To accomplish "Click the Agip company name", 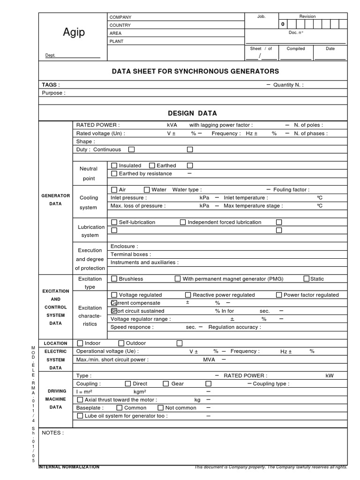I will pos(74,32).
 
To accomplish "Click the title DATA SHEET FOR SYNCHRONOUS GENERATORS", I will pos(195,71).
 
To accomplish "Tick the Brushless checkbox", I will pos(114,278).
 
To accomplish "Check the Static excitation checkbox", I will pos(306,278).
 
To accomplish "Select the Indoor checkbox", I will pos(80,343).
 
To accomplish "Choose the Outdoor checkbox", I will pos(121,343).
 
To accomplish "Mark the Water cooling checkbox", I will pos(147,189).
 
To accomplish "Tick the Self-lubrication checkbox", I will pos(114,222).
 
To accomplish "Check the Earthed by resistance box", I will pos(114,173).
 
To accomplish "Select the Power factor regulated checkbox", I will pos(279,295).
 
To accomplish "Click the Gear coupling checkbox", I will pos(165,383).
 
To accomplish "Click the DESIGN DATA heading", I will pos(192,113).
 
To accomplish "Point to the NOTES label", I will pos(52,433).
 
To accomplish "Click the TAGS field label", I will pos(51,85).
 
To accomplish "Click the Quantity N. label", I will pos(288,85).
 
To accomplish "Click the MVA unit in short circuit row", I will pos(209,360).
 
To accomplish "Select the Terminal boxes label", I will pos(127,254).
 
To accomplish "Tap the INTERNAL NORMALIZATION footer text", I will pos(69,467).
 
